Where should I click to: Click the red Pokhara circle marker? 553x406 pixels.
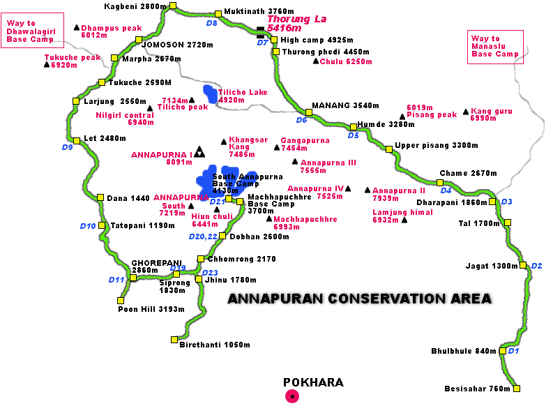tap(294, 396)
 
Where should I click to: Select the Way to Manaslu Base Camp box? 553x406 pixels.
tap(495, 46)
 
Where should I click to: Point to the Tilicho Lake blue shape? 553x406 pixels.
tap(210, 93)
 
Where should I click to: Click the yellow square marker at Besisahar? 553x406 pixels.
tap(516, 389)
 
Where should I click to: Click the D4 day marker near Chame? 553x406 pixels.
tap(446, 190)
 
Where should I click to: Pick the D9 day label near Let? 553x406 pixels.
tap(67, 147)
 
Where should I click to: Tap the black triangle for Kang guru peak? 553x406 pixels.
tap(465, 112)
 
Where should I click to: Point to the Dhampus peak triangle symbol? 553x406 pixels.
tap(77, 27)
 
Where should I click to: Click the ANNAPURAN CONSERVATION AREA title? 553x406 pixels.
tap(360, 299)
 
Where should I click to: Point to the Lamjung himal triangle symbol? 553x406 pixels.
tap(404, 220)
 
